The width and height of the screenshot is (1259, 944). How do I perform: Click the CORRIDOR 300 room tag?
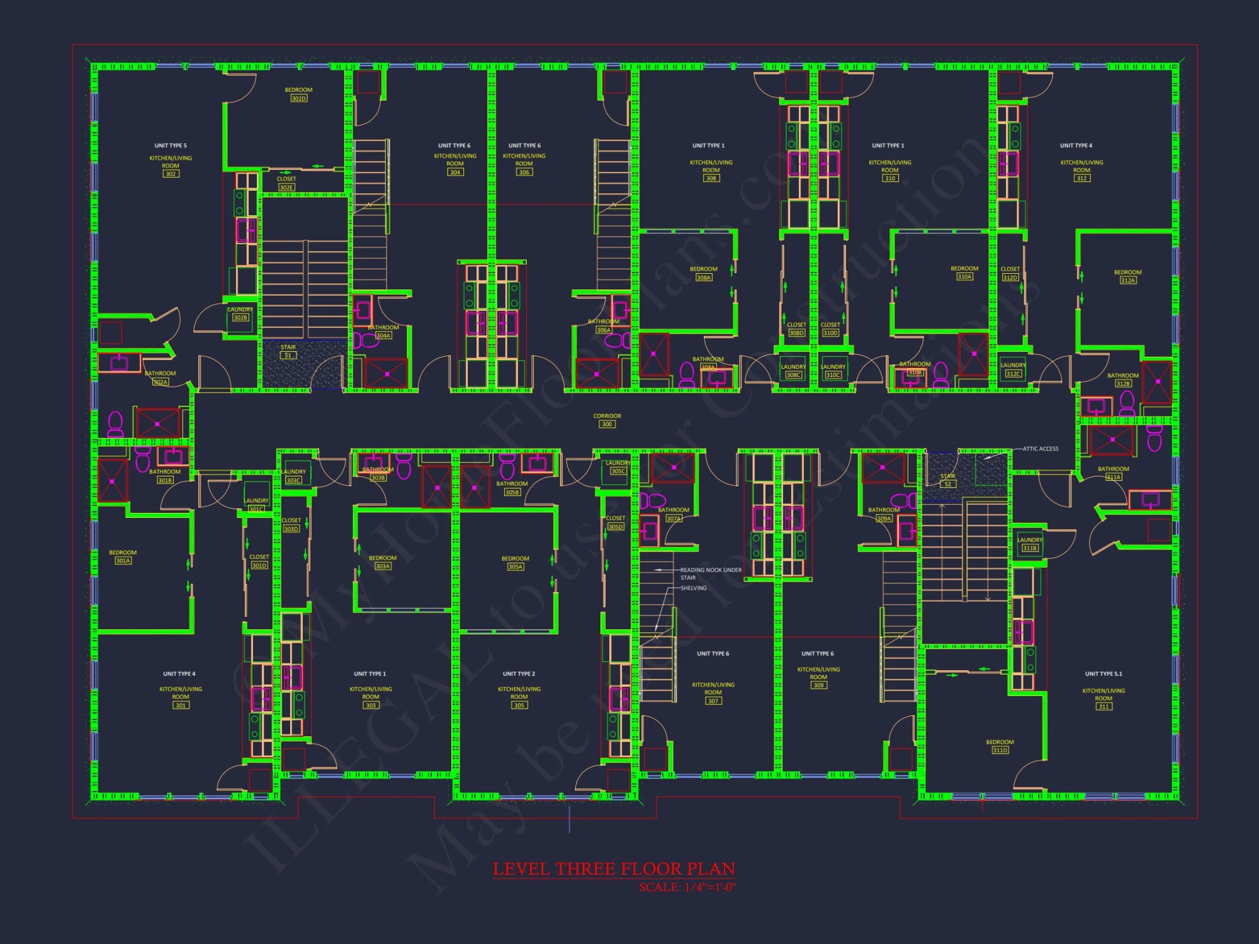[607, 420]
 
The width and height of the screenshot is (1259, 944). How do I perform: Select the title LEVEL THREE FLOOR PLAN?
[614, 869]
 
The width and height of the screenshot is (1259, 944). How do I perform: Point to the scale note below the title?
[687, 887]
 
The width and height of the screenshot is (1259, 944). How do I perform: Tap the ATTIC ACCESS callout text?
[1040, 449]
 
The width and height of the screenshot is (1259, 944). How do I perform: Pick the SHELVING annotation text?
[693, 588]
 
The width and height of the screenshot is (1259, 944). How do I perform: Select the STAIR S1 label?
[288, 351]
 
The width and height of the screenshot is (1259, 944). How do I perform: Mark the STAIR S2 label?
[947, 480]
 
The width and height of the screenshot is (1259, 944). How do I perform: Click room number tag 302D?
[298, 98]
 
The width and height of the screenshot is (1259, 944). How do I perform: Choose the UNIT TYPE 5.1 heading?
[1103, 673]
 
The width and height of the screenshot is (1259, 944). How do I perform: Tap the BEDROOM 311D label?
[1000, 746]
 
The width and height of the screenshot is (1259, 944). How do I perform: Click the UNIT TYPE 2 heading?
[519, 673]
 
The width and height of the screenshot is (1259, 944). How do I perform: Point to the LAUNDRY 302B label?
[240, 313]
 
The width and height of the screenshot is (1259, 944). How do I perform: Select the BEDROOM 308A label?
[703, 273]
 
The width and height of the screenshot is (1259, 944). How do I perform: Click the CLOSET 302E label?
[286, 183]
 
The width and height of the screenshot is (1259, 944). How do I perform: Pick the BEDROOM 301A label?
[123, 556]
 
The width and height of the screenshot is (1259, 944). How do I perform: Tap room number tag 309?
[818, 685]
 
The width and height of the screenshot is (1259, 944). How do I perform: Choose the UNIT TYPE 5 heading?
[171, 145]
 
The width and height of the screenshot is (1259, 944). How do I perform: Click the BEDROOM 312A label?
[1127, 276]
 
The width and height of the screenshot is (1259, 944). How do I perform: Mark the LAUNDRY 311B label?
[1029, 544]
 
